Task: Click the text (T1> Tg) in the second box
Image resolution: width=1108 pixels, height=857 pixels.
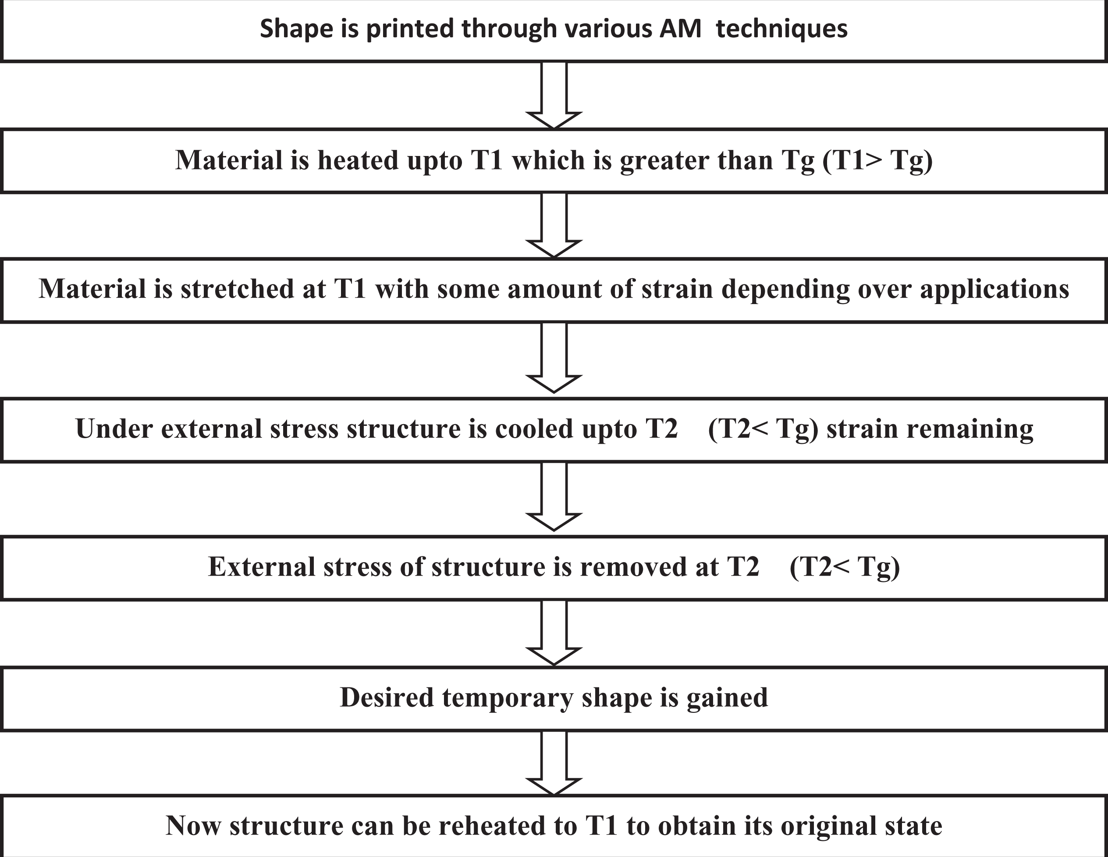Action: pyautogui.click(x=877, y=160)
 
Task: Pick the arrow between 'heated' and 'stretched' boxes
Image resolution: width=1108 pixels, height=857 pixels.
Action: pyautogui.click(x=554, y=225)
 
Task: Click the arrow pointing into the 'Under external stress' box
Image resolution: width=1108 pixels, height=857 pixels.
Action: pyautogui.click(x=554, y=358)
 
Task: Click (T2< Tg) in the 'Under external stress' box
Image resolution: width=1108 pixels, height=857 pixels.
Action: pyautogui.click(x=763, y=429)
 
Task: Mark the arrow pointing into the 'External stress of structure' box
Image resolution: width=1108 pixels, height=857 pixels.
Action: pyautogui.click(x=554, y=496)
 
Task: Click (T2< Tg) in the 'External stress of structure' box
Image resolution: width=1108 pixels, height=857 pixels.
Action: pyautogui.click(x=845, y=567)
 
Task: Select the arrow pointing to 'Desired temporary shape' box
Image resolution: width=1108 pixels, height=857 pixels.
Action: pyautogui.click(x=554, y=632)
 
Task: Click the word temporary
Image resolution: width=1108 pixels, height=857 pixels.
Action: pyautogui.click(x=508, y=699)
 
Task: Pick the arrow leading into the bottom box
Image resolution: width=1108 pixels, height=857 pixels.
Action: pyautogui.click(x=554, y=763)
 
